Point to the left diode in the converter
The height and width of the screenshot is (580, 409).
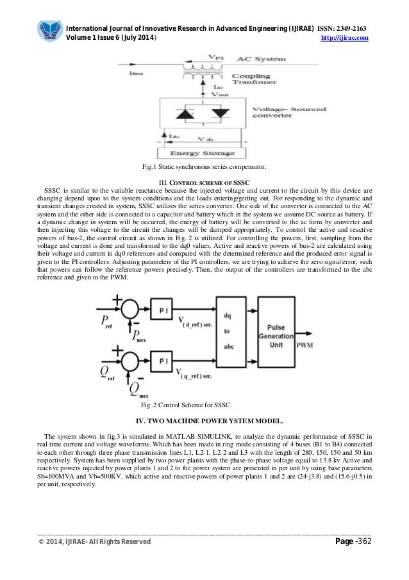click(187, 113)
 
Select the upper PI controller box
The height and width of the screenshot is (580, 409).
click(163, 310)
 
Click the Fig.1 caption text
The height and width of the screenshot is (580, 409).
click(204, 168)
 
